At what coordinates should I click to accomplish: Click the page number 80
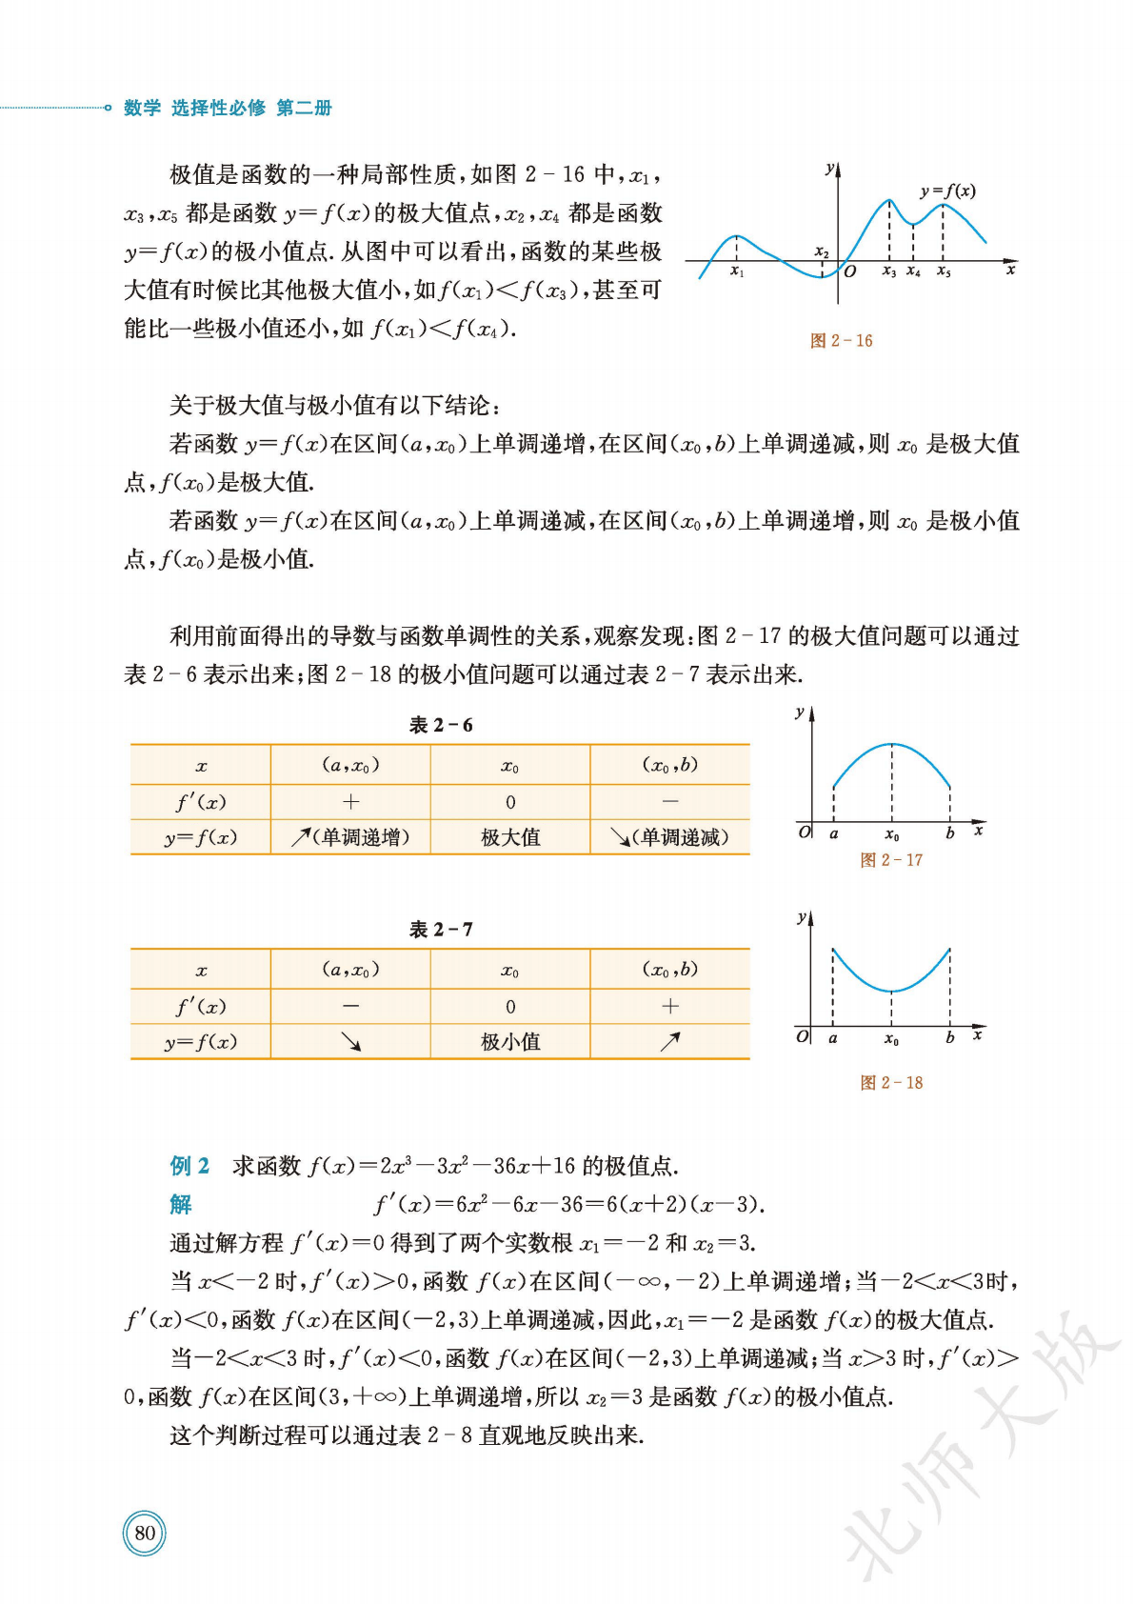click(x=145, y=1533)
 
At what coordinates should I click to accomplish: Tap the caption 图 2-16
click(x=841, y=341)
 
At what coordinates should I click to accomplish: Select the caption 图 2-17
click(x=891, y=860)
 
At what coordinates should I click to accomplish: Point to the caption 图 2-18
click(x=891, y=1083)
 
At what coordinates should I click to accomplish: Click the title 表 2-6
click(x=441, y=726)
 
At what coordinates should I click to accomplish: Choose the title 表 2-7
click(x=441, y=930)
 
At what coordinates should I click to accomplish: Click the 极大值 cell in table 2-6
click(x=510, y=837)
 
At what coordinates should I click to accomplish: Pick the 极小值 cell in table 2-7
click(x=510, y=1042)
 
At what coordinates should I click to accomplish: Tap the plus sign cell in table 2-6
click(x=351, y=802)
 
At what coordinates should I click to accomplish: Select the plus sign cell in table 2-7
click(x=670, y=1007)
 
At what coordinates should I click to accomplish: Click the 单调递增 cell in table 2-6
click(x=351, y=837)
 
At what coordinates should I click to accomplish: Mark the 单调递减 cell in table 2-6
click(x=670, y=837)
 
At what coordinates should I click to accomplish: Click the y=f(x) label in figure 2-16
click(x=947, y=191)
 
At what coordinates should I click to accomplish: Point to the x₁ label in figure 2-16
click(x=737, y=272)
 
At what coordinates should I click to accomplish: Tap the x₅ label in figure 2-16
click(x=944, y=272)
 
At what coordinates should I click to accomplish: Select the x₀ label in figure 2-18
click(x=891, y=1040)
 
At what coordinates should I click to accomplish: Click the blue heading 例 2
click(x=189, y=1166)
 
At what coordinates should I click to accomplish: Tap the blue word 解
click(x=181, y=1205)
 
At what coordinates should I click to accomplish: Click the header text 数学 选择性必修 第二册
click(x=228, y=109)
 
